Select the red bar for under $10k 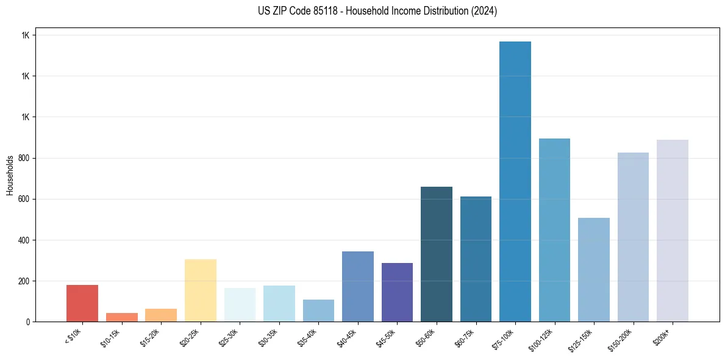click(x=82, y=303)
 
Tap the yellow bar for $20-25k click(x=201, y=290)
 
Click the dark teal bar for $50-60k click(x=437, y=254)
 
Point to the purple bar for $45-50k click(x=397, y=292)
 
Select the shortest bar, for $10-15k click(x=122, y=317)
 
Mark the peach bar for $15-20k click(x=161, y=315)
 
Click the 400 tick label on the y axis click(x=24, y=240)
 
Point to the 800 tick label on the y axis click(x=24, y=159)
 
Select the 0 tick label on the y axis click(x=28, y=322)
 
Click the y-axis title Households click(x=10, y=175)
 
